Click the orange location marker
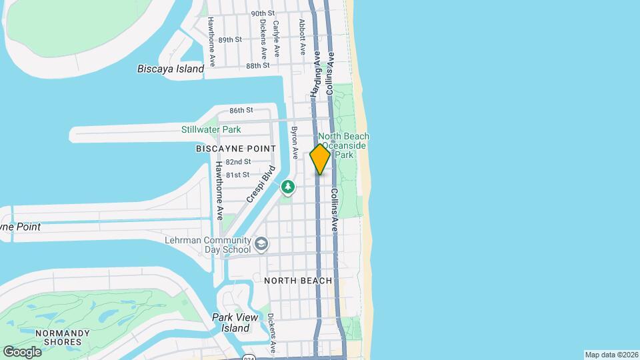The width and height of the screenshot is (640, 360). click(320, 159)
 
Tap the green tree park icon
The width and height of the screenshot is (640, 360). click(288, 187)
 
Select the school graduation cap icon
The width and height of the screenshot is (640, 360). click(261, 245)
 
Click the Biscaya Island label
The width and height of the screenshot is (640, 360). click(170, 68)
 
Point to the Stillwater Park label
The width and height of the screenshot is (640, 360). click(211, 129)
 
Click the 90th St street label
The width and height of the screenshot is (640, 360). click(263, 13)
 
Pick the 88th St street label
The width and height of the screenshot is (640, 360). click(257, 66)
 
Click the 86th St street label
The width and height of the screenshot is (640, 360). click(241, 110)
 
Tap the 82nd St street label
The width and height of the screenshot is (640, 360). click(237, 162)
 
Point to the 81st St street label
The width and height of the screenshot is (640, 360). click(237, 175)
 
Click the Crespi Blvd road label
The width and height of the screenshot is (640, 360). click(260, 183)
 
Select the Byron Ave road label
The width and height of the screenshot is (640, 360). click(293, 143)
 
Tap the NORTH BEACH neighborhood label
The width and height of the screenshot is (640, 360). click(298, 281)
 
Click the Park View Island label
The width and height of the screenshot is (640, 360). click(231, 323)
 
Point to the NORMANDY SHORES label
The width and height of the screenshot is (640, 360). click(59, 337)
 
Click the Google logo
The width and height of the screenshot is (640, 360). click(22, 351)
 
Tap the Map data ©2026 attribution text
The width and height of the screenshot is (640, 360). click(611, 355)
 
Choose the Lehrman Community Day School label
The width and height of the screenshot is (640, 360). click(207, 245)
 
